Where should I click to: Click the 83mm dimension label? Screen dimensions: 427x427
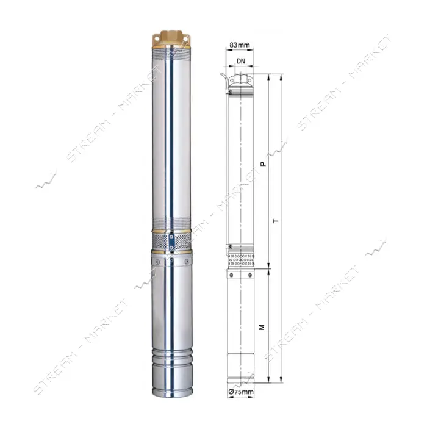(x=239, y=45)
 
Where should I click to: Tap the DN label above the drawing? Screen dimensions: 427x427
(x=241, y=61)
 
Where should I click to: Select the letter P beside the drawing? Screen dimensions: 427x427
(x=263, y=164)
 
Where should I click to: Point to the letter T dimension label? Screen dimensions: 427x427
(x=276, y=220)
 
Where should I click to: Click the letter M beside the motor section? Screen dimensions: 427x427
(x=262, y=327)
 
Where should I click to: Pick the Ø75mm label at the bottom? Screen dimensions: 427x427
(x=241, y=392)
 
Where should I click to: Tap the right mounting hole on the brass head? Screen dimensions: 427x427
(x=185, y=39)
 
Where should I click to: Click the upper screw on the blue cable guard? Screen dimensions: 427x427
(x=171, y=237)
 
